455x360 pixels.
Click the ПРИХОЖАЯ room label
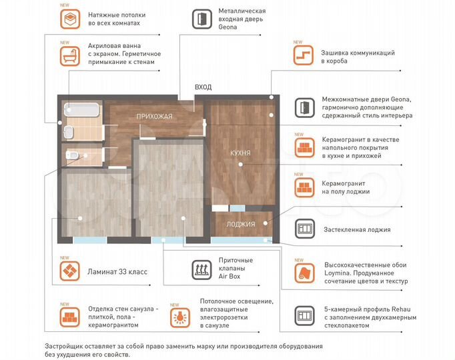(x=154, y=117)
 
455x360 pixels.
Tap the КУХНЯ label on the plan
(x=240, y=153)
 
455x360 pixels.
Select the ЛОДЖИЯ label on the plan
(x=240, y=224)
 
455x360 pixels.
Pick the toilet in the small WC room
(x=74, y=156)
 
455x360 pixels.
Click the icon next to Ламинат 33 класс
(x=69, y=271)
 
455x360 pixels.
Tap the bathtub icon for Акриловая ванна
(x=69, y=57)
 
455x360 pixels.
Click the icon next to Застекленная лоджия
(x=304, y=229)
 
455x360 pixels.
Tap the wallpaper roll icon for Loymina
(x=304, y=272)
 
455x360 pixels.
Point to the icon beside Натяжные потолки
(x=69, y=19)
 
